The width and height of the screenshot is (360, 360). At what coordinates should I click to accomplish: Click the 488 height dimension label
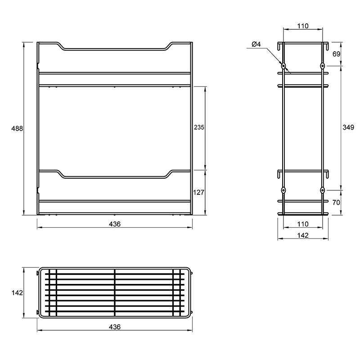(17, 129)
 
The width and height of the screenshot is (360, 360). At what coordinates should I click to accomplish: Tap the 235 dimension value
(199, 127)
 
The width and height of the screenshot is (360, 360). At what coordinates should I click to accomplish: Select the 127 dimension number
(198, 192)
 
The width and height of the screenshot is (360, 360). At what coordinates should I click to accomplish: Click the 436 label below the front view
(115, 224)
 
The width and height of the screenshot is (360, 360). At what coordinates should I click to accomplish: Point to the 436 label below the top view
(115, 327)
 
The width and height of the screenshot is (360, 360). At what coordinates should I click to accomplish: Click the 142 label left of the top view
(17, 293)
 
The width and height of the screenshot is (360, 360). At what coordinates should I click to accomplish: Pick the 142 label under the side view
(303, 235)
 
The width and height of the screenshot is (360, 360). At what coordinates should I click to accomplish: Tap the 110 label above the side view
(303, 26)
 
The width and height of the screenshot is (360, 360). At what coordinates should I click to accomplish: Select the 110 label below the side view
(303, 224)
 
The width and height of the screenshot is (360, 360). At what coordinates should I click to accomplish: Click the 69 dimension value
(336, 54)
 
